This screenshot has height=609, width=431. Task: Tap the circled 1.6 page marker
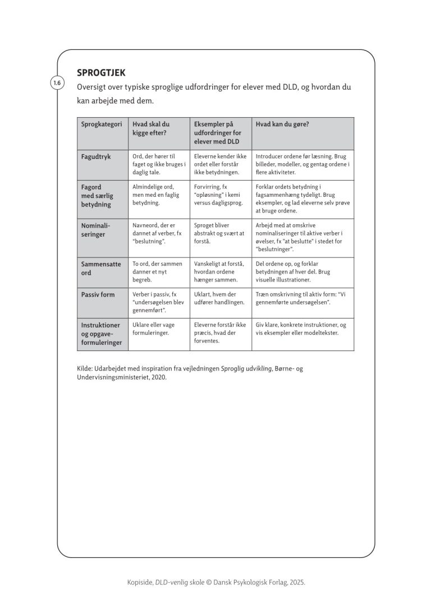(57, 84)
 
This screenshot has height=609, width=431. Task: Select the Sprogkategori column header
(101, 124)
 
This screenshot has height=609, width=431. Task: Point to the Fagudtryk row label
(96, 156)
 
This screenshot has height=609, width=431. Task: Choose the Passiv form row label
(98, 294)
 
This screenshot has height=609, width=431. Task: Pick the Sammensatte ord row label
(101, 268)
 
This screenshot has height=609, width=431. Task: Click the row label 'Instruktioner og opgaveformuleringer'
(102, 333)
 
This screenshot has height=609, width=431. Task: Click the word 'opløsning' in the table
(209, 195)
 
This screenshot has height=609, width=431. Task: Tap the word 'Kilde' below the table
(85, 368)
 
